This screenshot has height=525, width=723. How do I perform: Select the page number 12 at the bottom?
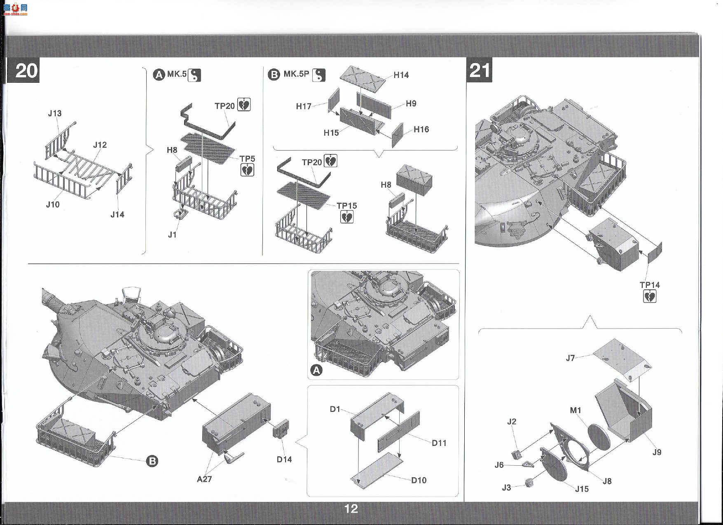click(351, 509)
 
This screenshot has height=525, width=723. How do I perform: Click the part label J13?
click(55, 113)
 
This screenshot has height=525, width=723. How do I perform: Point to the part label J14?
click(117, 214)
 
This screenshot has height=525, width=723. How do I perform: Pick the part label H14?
click(401, 75)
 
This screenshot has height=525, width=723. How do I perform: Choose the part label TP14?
click(650, 285)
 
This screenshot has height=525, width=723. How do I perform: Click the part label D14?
click(284, 459)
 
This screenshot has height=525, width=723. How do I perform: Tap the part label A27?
click(204, 479)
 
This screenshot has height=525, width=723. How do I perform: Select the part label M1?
click(576, 410)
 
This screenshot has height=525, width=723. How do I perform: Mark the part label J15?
click(582, 489)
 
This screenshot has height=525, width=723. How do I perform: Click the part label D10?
click(419, 480)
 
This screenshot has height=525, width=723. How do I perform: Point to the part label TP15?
click(347, 205)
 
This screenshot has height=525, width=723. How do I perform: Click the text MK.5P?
click(296, 74)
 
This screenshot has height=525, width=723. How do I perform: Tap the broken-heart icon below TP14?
click(650, 296)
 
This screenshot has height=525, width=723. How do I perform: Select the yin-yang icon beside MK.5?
click(194, 75)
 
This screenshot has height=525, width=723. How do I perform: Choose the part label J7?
click(570, 358)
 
